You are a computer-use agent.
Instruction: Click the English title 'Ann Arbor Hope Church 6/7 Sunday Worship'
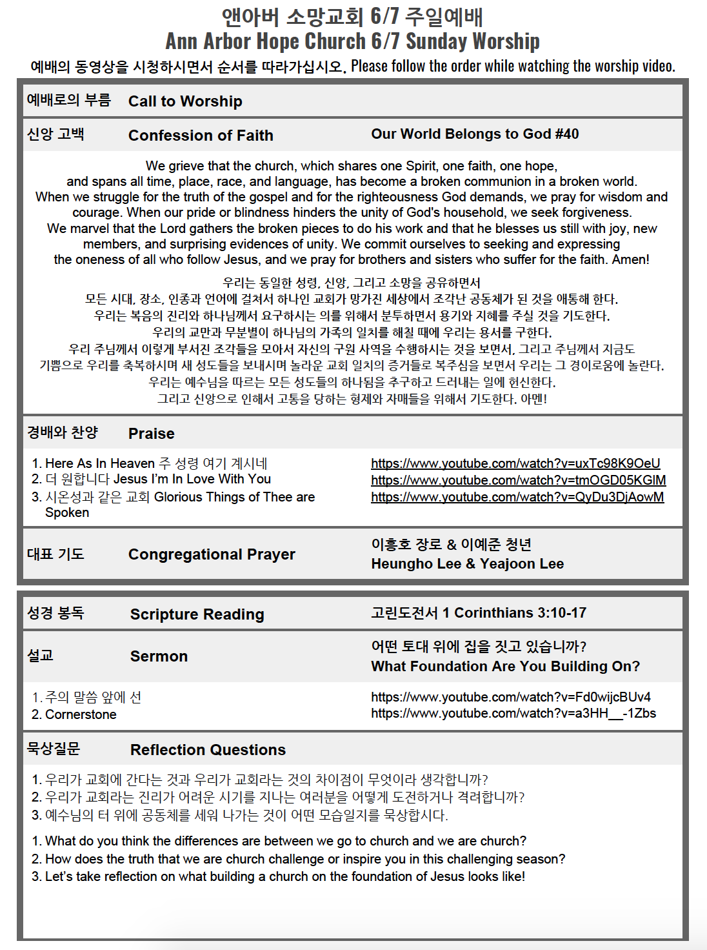[352, 41]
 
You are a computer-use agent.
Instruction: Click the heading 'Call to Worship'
[185, 101]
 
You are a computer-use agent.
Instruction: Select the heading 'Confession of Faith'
[201, 136]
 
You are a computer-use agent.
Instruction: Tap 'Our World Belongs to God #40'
[475, 134]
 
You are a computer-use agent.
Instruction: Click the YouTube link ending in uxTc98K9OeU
[515, 463]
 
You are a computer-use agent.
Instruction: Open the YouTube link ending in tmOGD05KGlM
[518, 480]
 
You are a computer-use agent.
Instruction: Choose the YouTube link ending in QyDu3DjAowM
[517, 497]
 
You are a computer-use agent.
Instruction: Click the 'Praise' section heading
[152, 434]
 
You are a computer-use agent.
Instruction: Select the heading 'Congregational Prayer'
[212, 554]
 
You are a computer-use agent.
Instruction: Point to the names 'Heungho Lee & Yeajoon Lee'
[467, 564]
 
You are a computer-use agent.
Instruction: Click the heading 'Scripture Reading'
[197, 614]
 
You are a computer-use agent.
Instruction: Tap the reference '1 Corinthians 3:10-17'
[513, 613]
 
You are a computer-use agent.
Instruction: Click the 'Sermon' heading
[159, 656]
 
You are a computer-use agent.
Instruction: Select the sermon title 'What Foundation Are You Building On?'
[505, 667]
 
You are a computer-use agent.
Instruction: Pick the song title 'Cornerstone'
[81, 714]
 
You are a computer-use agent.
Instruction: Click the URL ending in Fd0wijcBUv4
[510, 697]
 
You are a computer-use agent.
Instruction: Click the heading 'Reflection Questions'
[208, 750]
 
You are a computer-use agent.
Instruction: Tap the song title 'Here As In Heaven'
[100, 463]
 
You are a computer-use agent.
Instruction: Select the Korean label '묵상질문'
[54, 749]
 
